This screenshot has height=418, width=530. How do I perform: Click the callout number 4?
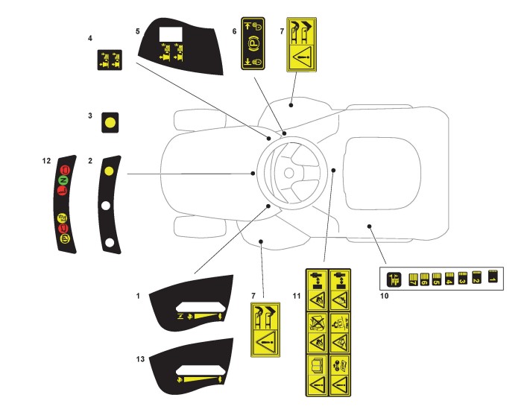click(90, 37)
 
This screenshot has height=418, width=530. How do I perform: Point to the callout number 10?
click(385, 296)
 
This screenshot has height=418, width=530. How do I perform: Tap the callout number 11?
click(297, 296)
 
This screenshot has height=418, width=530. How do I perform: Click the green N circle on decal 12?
click(63, 181)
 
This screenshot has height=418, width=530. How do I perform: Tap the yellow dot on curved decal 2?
click(109, 171)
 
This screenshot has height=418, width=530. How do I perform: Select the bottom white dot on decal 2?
click(110, 242)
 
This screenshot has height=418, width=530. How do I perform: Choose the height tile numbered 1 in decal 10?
click(492, 276)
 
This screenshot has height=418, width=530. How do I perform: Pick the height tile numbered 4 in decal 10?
click(449, 279)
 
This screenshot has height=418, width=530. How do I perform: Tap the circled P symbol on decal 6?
click(252, 44)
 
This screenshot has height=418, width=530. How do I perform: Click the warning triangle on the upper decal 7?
click(302, 55)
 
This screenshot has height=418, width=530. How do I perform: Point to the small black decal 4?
click(110, 60)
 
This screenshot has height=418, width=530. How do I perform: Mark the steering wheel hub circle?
click(288, 172)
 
